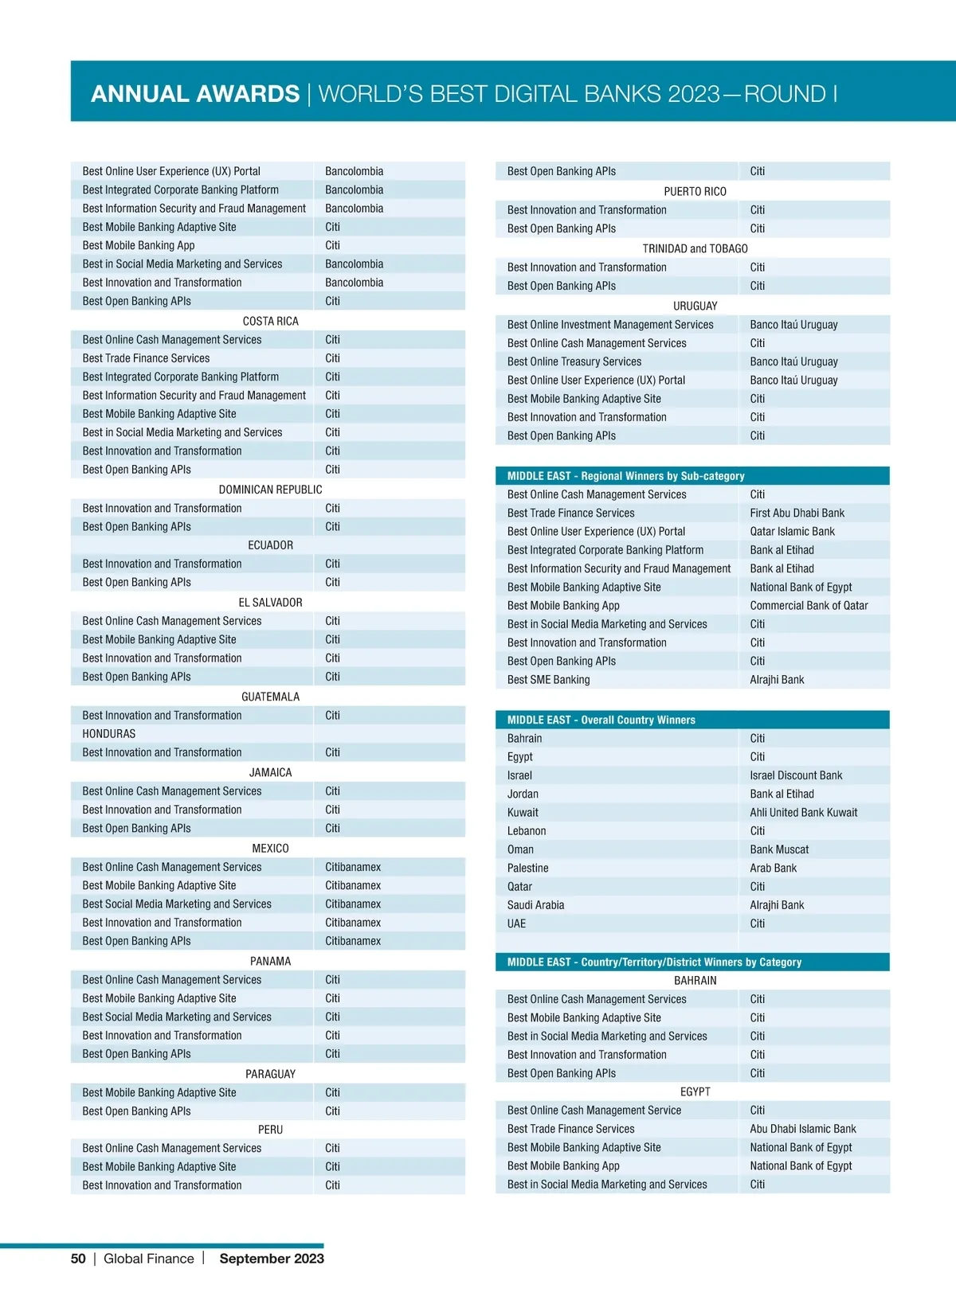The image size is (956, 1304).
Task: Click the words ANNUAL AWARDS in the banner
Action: coord(195,94)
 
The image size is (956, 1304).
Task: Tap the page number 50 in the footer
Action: coord(78,1259)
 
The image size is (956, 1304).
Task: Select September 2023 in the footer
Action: coord(272,1259)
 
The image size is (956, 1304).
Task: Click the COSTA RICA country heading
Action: coord(271,321)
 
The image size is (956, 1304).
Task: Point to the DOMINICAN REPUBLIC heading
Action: coord(271,490)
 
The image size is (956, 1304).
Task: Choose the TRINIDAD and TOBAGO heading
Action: coord(695,248)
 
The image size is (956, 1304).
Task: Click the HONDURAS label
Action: coord(109,734)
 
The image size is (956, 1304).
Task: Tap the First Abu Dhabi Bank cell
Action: coord(797,513)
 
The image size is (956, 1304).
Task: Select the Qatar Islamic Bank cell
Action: coord(792,532)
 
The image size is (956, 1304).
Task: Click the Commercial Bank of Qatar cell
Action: coord(809,606)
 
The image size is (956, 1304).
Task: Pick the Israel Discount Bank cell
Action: coord(796,775)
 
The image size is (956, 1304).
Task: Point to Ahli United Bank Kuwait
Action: coord(803,813)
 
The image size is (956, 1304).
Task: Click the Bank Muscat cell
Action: coord(779,849)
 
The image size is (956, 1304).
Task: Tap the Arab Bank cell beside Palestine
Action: coord(773,869)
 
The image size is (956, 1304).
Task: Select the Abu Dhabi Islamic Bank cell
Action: coord(802,1129)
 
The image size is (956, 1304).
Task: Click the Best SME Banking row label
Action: coord(549,680)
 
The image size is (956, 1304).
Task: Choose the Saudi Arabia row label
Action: coord(535,905)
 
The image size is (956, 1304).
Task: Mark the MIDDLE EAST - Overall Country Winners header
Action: coord(601,720)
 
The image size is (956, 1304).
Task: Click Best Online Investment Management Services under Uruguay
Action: coord(610,325)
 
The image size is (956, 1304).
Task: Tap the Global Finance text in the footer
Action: coord(149,1259)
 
